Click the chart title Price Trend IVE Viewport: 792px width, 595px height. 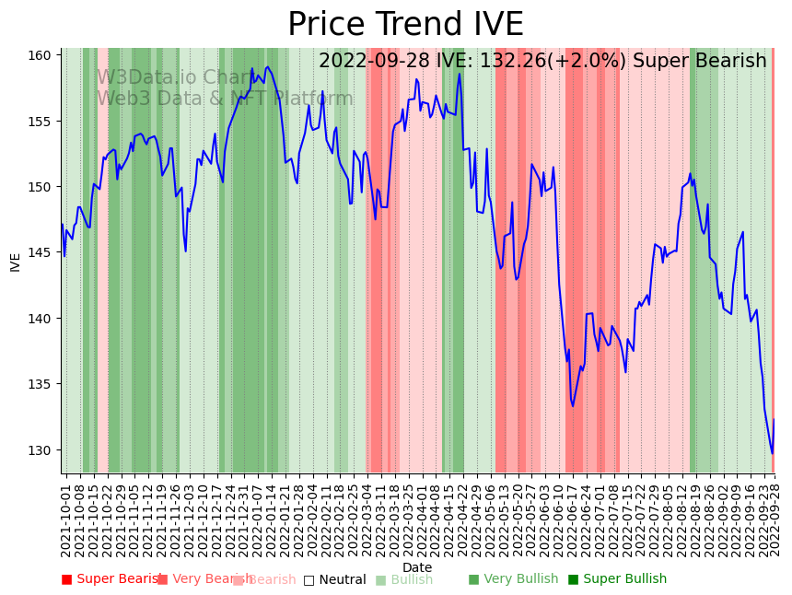(405, 25)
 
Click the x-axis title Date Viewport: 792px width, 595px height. (417, 567)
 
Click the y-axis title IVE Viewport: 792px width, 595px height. (15, 262)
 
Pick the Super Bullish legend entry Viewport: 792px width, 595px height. (617, 579)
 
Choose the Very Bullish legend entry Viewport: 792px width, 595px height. (513, 579)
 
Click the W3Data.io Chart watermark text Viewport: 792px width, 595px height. (175, 78)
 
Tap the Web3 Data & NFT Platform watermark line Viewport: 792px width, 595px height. (225, 99)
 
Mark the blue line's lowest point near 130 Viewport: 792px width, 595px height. (772, 453)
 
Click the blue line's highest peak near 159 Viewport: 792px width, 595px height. (267, 66)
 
